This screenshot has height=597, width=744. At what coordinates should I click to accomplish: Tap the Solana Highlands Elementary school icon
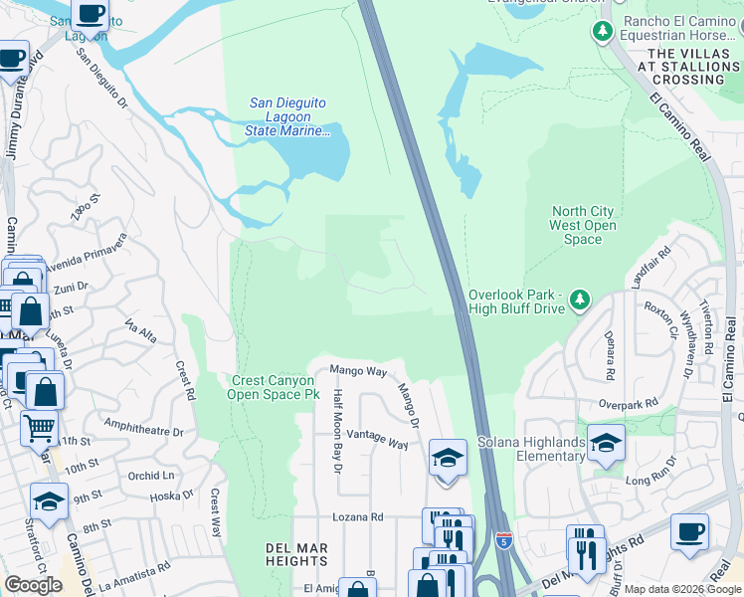click(x=606, y=444)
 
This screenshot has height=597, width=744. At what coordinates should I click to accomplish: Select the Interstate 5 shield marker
click(x=504, y=540)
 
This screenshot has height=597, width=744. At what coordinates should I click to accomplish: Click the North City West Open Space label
click(x=583, y=225)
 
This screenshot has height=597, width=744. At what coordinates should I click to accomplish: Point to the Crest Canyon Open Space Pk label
click(x=275, y=387)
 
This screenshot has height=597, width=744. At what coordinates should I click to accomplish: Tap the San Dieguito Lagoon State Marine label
click(x=288, y=116)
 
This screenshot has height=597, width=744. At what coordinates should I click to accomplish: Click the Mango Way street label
click(x=358, y=371)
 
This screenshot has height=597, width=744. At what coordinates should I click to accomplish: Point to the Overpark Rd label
click(x=629, y=404)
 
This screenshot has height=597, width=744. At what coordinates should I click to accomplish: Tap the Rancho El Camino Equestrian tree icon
click(x=602, y=31)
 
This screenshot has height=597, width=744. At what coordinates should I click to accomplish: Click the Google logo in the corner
click(x=34, y=585)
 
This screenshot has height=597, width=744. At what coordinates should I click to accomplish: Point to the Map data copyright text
click(x=681, y=589)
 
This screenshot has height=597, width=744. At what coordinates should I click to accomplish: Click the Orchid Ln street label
click(x=151, y=476)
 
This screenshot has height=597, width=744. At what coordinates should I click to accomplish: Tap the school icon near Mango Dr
click(x=448, y=459)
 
